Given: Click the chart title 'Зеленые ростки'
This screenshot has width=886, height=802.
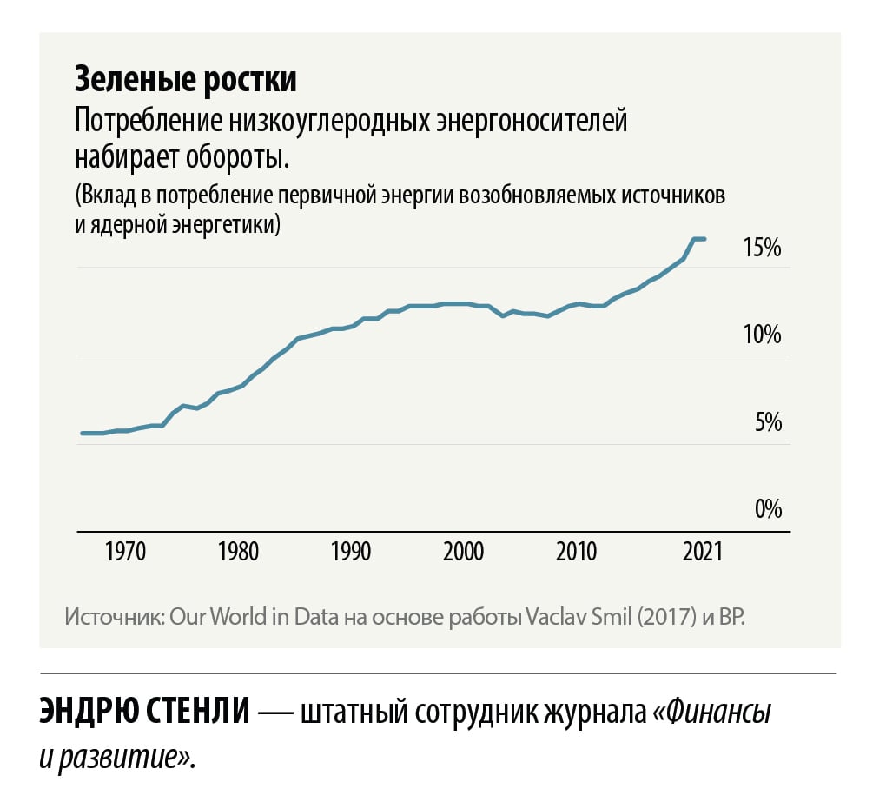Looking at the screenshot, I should coord(185,80).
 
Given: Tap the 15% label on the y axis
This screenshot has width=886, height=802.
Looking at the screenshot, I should coord(762,248).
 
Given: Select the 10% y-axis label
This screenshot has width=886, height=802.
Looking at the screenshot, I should coord(762,335).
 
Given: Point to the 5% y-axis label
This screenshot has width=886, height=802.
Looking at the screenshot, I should coord(768,423).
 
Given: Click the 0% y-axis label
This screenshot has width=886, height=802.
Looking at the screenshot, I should coord(768,508).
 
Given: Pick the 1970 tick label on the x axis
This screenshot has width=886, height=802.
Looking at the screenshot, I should coord(125,553).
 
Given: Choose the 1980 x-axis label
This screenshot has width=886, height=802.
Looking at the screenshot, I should coord(238,553).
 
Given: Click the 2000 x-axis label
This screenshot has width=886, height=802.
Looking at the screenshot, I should coord(464,553).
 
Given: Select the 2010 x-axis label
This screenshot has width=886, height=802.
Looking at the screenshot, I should coord(575,553).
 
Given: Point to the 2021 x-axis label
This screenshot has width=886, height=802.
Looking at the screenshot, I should coord(699,553).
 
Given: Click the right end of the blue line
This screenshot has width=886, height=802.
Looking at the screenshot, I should coord(704,239).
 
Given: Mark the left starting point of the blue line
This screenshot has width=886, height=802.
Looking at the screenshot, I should coord(82,433).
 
